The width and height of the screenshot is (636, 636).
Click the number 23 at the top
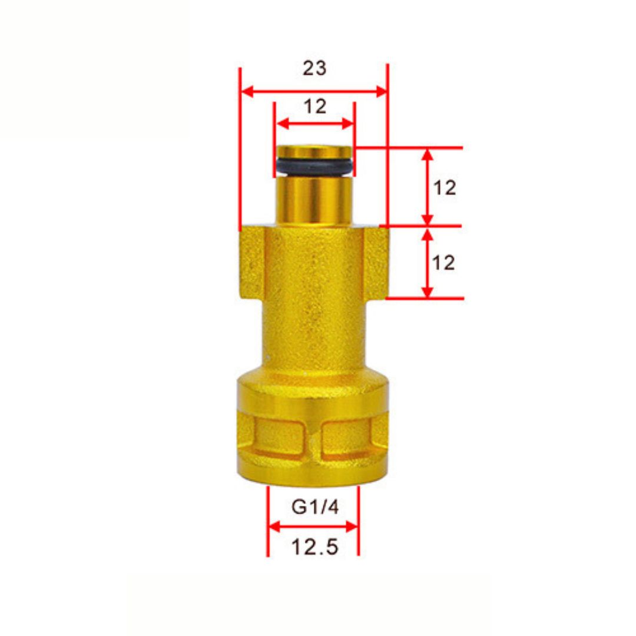point(314,68)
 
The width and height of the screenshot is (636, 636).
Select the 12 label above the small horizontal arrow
point(315,107)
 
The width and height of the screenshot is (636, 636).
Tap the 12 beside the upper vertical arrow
point(445,188)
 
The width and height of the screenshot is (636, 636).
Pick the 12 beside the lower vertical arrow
point(445,263)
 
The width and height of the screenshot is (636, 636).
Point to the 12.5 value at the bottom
point(314,548)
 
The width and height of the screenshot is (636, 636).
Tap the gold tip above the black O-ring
point(314,152)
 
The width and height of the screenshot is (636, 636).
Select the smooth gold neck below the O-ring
point(314,200)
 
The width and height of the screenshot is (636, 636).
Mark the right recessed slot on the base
point(347,437)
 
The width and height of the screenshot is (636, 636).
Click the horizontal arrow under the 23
point(314,91)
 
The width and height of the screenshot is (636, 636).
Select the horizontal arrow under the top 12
point(315,124)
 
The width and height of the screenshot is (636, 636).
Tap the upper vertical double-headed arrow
point(428,187)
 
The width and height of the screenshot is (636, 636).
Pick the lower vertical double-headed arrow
point(428,263)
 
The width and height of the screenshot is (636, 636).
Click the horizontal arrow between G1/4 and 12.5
point(313,526)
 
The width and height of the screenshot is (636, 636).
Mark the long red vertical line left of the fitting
point(240,147)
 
